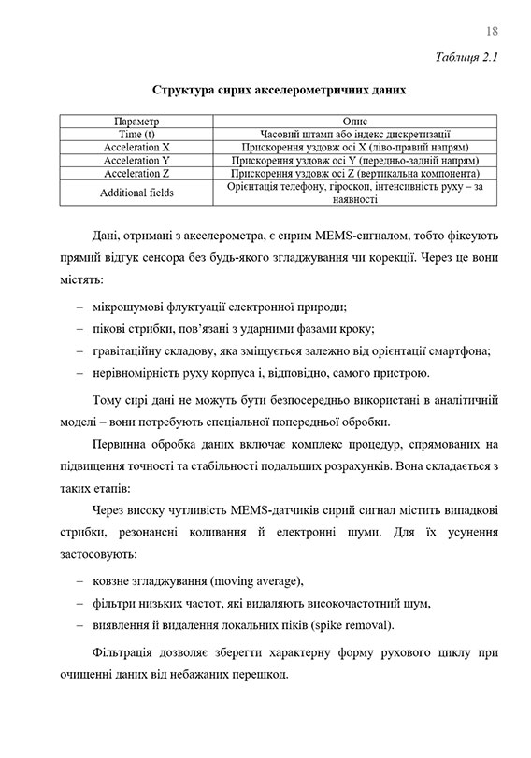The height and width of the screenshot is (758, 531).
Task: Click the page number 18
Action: [493, 32]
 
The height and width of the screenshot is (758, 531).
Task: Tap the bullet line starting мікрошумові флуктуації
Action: [219, 307]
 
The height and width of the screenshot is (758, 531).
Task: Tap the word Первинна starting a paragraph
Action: [122, 443]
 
